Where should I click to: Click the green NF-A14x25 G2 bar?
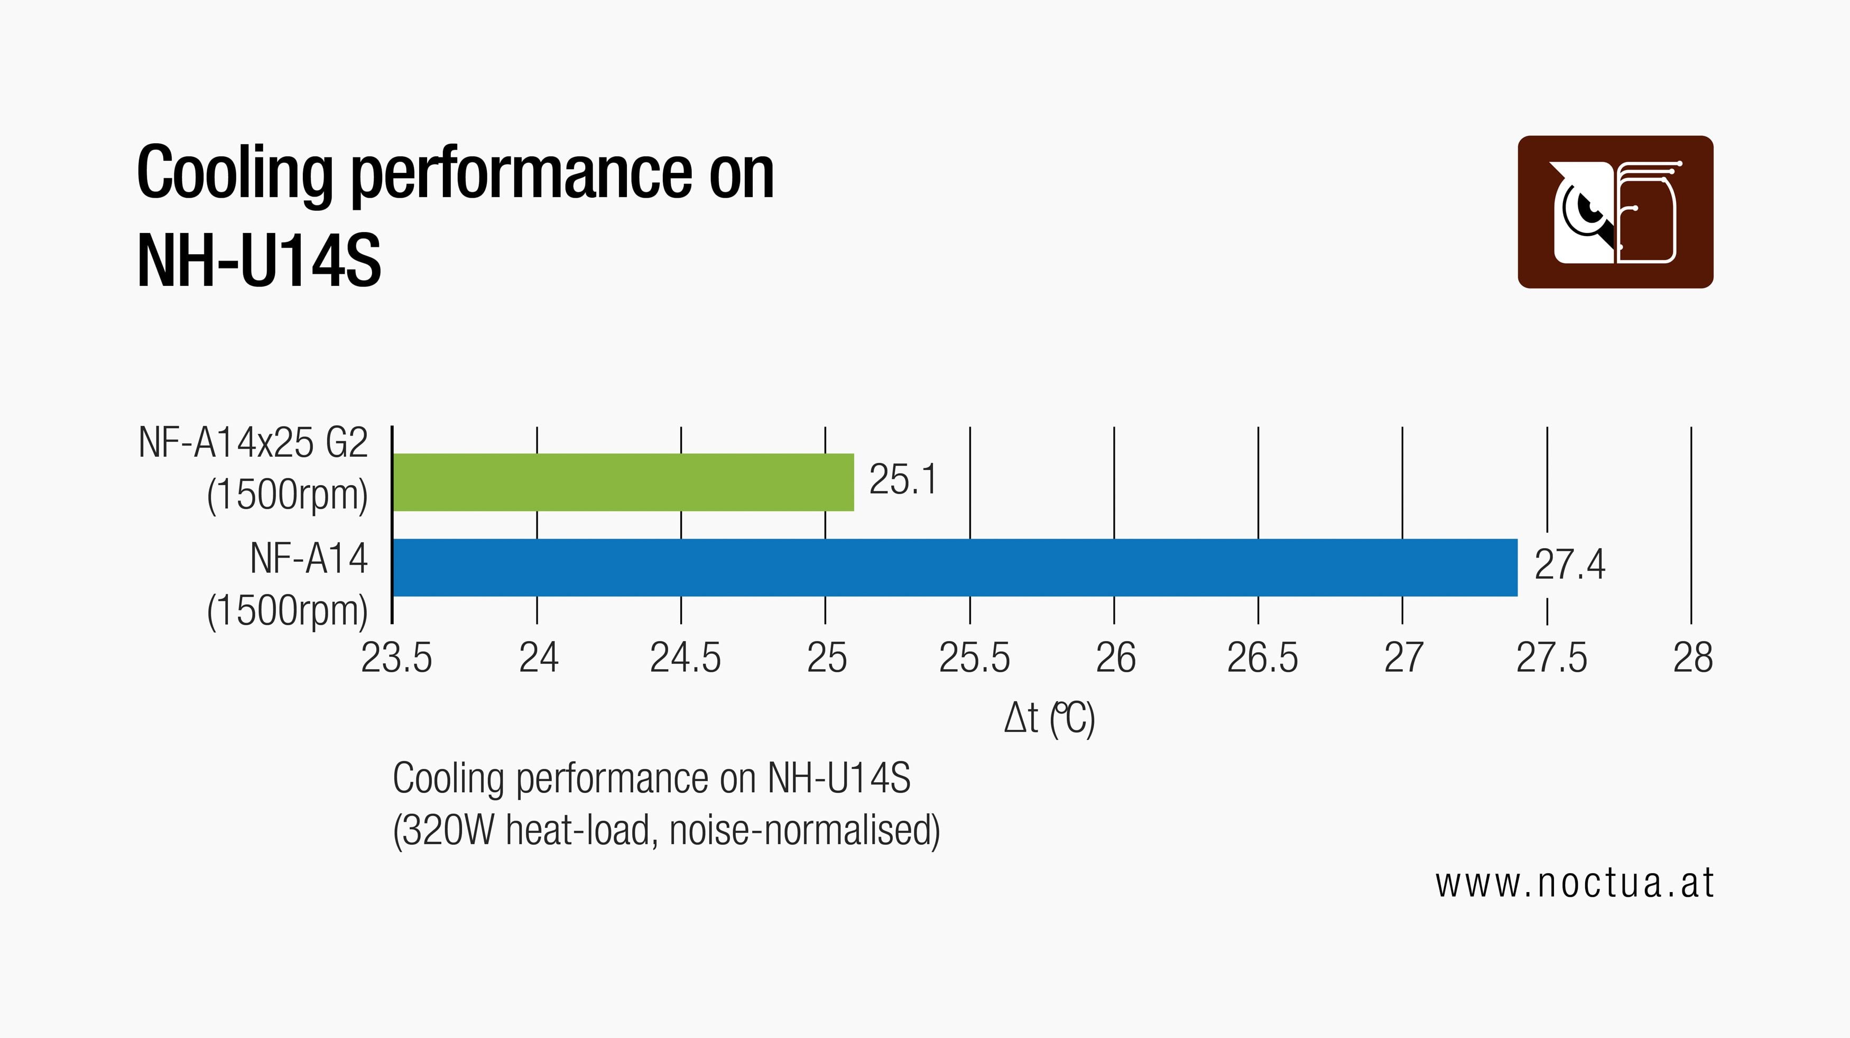623,483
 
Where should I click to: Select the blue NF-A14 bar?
955,567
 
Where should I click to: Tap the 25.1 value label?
903,479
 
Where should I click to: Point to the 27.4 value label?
1569,564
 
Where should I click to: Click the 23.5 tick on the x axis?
396,657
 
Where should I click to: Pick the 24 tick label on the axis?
539,657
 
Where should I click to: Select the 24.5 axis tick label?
685,657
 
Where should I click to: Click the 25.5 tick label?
974,657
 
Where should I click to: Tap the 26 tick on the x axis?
1115,657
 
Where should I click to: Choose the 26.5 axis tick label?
1262,657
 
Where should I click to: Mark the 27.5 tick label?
1551,657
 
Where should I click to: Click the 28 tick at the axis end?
1692,657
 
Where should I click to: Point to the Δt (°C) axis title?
1049,718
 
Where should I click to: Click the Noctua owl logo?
1615,212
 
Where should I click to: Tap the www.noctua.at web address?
1574,883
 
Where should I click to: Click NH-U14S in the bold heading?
258,260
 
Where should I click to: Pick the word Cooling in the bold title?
234,174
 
